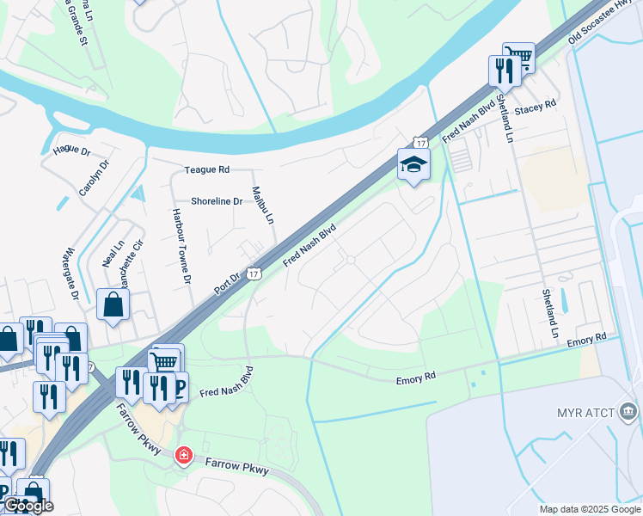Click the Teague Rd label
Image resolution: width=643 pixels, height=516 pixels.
(206, 170)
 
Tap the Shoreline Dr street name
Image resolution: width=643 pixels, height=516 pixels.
(216, 200)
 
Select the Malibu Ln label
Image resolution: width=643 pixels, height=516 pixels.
(262, 206)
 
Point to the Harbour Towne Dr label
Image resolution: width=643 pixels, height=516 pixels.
(180, 245)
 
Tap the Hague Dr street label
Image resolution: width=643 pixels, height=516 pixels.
(71, 150)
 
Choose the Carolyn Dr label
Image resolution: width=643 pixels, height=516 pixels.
(94, 177)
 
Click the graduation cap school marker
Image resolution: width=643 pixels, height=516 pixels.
(413, 164)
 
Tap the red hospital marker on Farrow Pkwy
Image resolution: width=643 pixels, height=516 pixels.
(183, 455)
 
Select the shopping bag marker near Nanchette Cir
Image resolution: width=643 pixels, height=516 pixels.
(113, 304)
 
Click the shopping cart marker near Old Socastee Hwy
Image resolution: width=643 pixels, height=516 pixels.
(518, 58)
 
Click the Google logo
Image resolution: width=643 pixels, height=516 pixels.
(28, 507)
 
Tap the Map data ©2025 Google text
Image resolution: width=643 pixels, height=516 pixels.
(589, 509)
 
